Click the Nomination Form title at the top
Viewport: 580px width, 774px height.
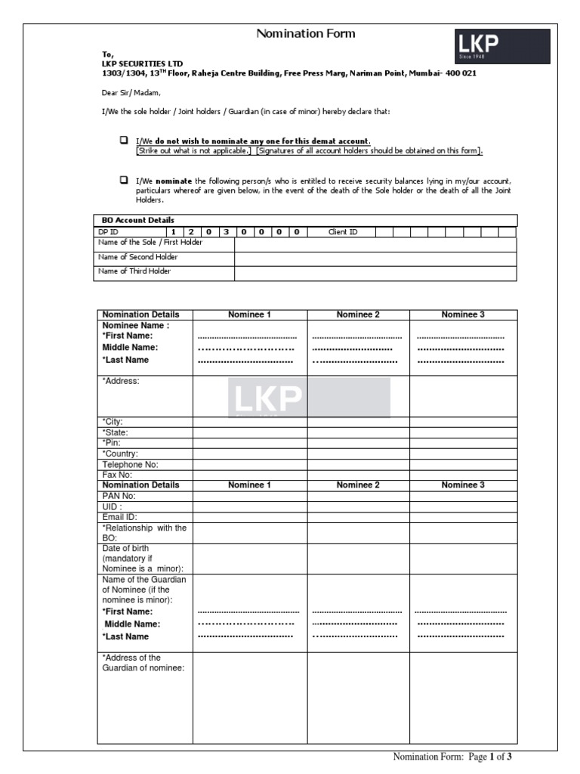[x=305, y=34]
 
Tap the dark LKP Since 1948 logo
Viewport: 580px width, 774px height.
[x=501, y=46]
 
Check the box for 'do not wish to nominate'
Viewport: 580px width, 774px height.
[x=123, y=141]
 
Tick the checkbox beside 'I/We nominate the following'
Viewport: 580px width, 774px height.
[x=123, y=180]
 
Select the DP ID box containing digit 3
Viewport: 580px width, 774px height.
[x=225, y=232]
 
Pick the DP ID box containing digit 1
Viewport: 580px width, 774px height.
[x=173, y=232]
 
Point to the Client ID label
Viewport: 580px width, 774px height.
[x=343, y=232]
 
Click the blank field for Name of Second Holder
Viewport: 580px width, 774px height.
[x=375, y=258]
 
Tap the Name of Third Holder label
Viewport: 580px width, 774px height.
[x=134, y=271]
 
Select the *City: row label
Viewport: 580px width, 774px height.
[x=113, y=422]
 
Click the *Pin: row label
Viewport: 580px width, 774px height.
[x=112, y=443]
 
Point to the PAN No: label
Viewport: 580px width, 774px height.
[x=119, y=496]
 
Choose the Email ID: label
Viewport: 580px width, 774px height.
[x=119, y=517]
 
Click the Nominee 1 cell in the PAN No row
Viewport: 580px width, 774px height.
[x=249, y=496]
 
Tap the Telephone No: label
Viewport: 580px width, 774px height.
[x=130, y=464]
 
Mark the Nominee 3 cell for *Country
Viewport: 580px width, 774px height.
[x=463, y=454]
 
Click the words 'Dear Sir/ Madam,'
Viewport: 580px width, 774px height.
[x=131, y=93]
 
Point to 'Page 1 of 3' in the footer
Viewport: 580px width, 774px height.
[x=495, y=757]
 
